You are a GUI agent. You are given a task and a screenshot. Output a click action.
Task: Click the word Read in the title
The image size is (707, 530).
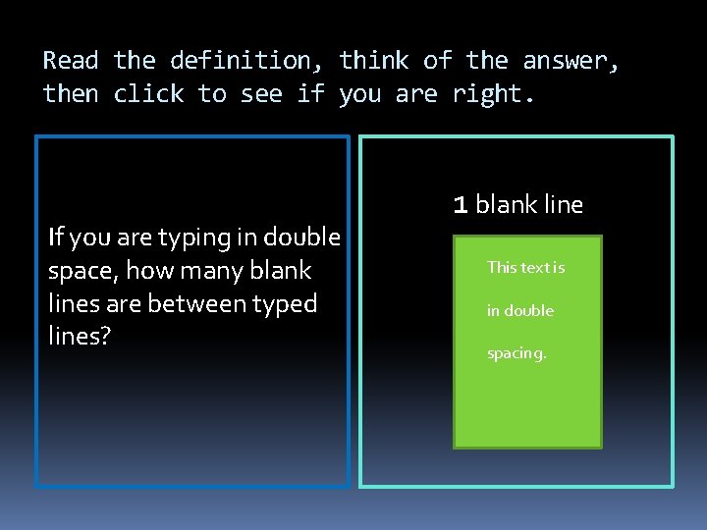point(72,61)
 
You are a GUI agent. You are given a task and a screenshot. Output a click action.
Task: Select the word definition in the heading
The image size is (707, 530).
point(241,61)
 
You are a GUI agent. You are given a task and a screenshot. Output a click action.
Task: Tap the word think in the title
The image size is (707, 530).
point(374,61)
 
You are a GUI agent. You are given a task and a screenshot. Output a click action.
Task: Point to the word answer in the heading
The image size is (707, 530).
point(571,61)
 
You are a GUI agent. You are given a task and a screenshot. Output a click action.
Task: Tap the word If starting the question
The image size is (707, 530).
point(55,238)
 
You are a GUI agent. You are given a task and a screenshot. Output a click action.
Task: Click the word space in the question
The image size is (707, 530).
point(78,272)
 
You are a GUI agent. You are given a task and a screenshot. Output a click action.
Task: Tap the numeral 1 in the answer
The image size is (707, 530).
point(460,205)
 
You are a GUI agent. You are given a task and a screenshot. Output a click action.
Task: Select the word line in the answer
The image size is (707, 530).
point(563,205)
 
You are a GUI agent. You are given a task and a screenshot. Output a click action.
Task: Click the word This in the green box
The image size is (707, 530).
point(501,267)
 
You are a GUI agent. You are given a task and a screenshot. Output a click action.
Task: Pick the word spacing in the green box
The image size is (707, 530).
point(517,353)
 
